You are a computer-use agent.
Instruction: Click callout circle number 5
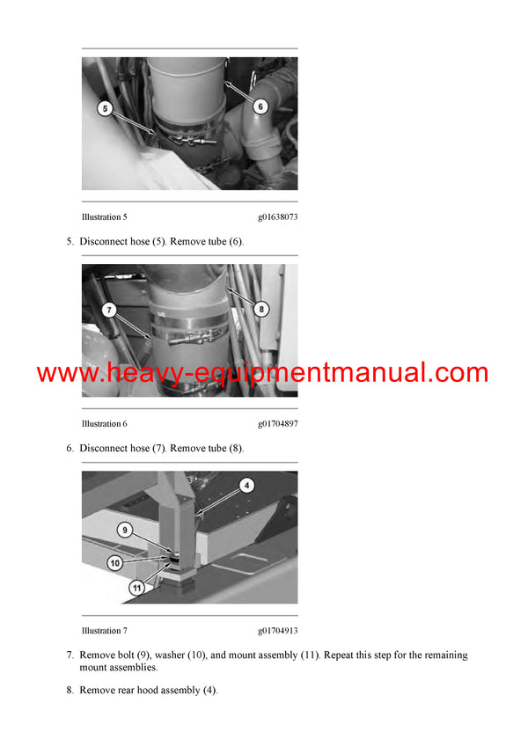pos(106,109)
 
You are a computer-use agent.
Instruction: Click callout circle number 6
pos(260,105)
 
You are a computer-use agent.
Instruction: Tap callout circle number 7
pos(107,309)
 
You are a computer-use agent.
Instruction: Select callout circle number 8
pos(261,309)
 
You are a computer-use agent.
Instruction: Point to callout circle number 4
pos(247,485)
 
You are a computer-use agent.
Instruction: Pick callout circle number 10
pos(114,562)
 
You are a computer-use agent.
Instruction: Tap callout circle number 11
pos(136,587)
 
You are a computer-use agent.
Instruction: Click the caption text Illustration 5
pos(105,216)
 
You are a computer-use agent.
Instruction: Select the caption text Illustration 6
pos(105,424)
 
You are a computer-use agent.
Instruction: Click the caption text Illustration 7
pos(105,631)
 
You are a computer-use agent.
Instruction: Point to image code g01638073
pos(277,216)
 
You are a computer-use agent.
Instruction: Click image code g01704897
pos(277,424)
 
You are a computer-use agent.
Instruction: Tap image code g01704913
pos(277,631)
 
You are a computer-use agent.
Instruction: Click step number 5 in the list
pos(70,242)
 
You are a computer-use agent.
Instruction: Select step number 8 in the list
pos(70,691)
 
